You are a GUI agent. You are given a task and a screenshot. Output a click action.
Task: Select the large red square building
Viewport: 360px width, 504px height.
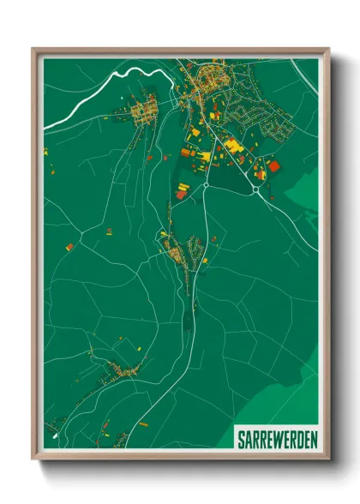click(x=274, y=166)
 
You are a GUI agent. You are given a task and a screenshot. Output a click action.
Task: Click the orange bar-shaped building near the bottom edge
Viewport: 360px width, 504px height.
click(x=142, y=423)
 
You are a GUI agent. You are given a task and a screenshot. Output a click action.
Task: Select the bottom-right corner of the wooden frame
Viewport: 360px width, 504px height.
click(x=328, y=458)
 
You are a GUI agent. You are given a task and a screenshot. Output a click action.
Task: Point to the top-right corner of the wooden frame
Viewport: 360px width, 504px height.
click(x=328, y=50)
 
